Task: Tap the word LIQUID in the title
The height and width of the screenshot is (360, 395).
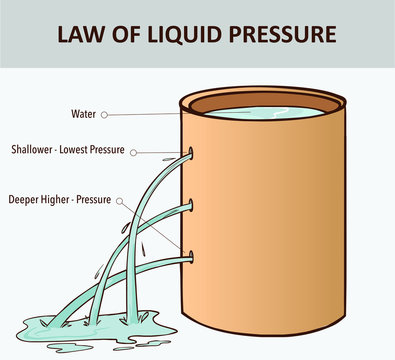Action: click(x=182, y=34)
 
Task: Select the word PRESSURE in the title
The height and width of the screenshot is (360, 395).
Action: click(x=279, y=34)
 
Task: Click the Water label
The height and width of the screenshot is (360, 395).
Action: click(x=84, y=114)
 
